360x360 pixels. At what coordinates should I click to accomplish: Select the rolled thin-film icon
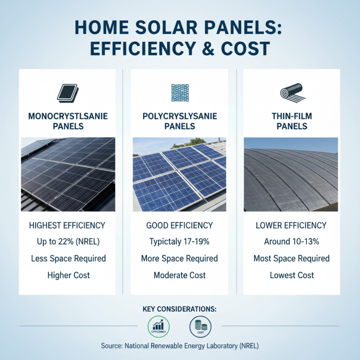pos(292,93)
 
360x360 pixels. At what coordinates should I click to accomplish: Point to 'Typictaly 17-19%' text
pos(180,242)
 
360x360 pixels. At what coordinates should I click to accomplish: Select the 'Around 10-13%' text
pos(292,242)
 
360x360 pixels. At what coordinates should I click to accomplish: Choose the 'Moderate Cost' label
pos(180,275)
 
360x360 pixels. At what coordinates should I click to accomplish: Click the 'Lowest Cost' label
pos(292,275)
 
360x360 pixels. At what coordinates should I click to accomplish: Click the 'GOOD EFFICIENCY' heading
pos(180,225)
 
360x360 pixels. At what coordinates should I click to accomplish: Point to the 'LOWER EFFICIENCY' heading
pos(292,225)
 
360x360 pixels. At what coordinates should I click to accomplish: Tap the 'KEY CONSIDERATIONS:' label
pos(180,309)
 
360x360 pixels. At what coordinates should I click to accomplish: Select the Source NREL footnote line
pos(180,346)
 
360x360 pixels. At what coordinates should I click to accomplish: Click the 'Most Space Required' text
pos(292,258)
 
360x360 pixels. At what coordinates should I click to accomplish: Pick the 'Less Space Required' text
pos(68,258)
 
